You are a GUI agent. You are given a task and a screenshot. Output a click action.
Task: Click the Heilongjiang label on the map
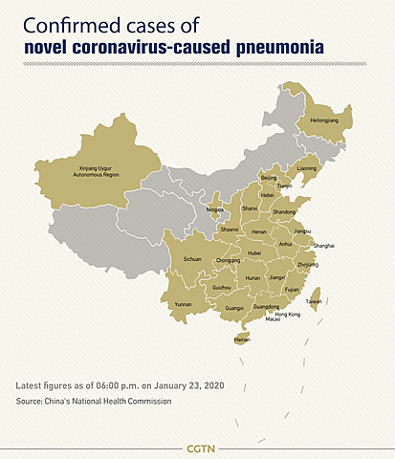pos(321,121)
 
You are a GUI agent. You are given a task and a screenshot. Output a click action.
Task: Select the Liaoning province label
pos(306,168)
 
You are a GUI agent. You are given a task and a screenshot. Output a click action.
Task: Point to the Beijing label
pos(269,177)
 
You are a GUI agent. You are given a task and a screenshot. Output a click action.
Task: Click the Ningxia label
pos(215,208)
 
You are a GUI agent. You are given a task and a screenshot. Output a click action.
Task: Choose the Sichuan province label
pos(192,258)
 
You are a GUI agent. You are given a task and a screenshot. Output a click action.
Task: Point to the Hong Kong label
pos(287,314)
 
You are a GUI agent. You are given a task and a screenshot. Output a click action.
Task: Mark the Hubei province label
pos(254,253)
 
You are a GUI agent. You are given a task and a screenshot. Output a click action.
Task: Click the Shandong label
pos(284,211)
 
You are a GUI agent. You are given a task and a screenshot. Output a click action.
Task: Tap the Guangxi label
pos(233,308)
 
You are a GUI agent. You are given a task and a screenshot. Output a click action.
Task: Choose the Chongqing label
pos(228,260)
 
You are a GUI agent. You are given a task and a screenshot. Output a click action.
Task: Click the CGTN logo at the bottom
pos(198,448)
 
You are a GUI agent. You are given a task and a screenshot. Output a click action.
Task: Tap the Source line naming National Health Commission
pos(94,401)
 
